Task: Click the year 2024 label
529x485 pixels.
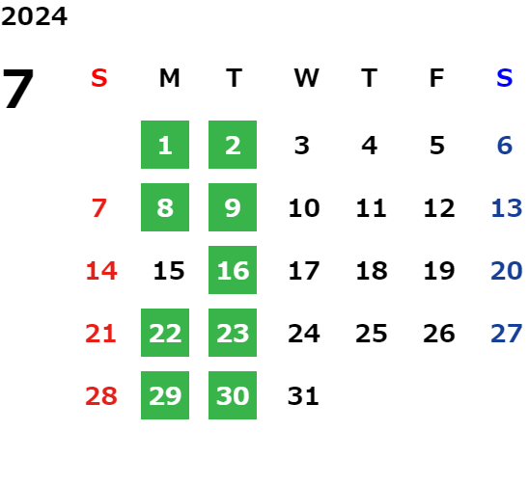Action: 34,16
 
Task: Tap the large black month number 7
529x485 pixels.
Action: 18,89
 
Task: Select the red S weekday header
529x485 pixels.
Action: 99,78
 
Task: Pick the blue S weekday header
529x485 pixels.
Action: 504,78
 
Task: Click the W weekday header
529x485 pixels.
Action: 306,78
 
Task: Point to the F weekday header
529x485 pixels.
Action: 437,78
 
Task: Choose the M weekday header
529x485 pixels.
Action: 169,78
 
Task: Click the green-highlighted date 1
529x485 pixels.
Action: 165,145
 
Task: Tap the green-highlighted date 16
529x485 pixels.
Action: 233,270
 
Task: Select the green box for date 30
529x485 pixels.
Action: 233,395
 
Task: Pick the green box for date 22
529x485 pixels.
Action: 165,333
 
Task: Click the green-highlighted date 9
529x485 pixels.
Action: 233,207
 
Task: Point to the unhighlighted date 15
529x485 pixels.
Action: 169,271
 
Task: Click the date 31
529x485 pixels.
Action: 303,396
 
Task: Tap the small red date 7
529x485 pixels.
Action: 99,208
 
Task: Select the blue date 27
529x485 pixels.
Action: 507,334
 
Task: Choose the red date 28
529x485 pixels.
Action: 101,396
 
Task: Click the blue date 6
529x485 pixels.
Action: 505,146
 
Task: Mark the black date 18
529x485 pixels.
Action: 372,271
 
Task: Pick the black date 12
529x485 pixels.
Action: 439,208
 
